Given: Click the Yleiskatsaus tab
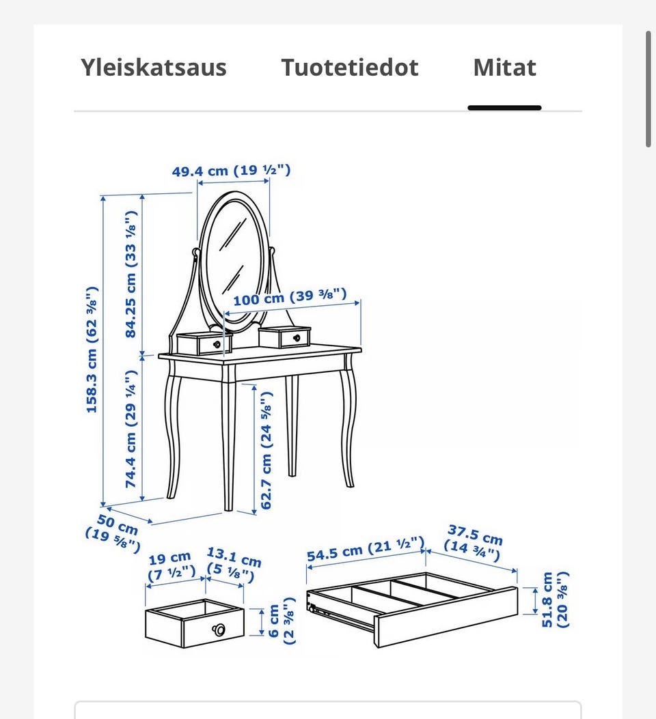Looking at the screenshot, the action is tap(154, 68).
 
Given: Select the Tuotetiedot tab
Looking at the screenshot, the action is tap(350, 68).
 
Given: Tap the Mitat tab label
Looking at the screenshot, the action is tap(504, 68).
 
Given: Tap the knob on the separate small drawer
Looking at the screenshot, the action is tap(219, 630).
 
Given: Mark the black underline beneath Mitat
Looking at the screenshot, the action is tap(504, 108).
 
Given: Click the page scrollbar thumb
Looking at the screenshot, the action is tap(648, 89).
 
